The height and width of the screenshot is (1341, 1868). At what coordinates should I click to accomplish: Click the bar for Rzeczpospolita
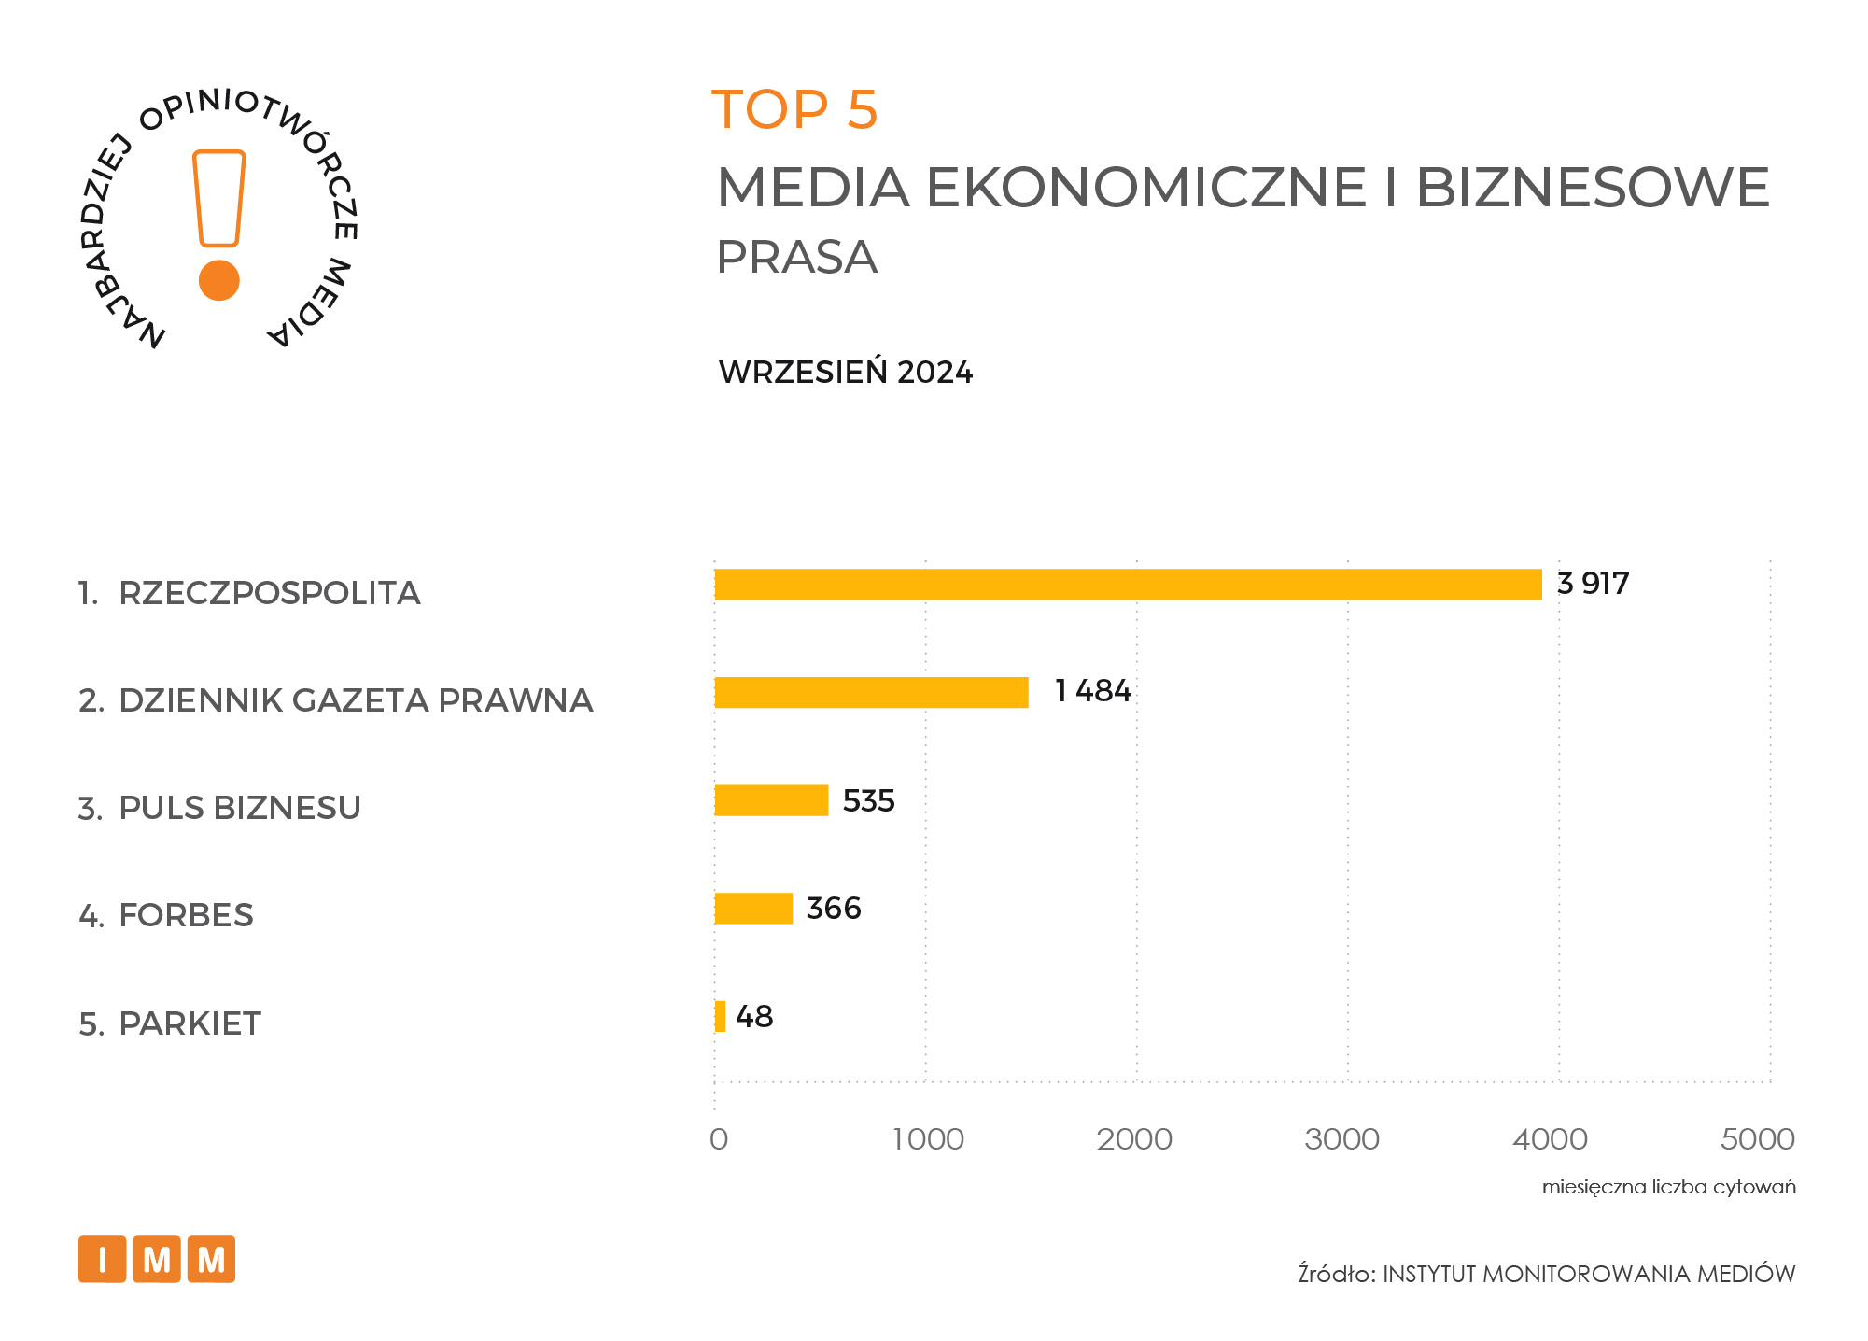click(1128, 585)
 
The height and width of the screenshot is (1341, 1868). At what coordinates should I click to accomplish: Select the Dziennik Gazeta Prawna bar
click(871, 693)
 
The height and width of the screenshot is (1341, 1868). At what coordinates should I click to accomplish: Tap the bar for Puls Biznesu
click(771, 800)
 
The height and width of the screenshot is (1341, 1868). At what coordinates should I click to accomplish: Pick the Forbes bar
click(753, 909)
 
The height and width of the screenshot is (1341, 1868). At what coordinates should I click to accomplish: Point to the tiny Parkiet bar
click(720, 1016)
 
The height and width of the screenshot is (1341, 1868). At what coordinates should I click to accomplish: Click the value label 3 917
click(1593, 584)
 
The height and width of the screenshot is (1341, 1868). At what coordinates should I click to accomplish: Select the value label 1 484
click(1092, 691)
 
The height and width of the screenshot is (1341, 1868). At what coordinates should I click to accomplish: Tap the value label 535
click(868, 800)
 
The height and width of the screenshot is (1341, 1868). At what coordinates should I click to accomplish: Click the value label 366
click(833, 908)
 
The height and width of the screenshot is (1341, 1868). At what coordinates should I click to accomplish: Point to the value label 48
click(754, 1016)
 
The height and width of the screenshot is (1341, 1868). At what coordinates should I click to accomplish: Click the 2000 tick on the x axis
click(1134, 1139)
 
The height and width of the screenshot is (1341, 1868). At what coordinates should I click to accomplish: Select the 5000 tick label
click(1757, 1139)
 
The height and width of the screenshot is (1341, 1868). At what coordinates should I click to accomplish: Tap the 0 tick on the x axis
click(718, 1139)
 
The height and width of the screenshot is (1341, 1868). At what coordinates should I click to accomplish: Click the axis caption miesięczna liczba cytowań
click(1668, 1187)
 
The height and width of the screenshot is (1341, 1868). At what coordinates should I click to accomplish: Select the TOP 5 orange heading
click(794, 109)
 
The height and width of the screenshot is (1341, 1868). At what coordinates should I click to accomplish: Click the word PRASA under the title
click(796, 257)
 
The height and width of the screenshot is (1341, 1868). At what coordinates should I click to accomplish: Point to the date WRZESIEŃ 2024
click(845, 373)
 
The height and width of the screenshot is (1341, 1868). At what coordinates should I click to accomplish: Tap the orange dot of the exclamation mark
click(219, 280)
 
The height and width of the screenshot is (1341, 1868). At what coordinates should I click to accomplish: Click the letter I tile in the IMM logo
click(102, 1260)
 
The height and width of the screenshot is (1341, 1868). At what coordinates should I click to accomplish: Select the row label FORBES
click(186, 915)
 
